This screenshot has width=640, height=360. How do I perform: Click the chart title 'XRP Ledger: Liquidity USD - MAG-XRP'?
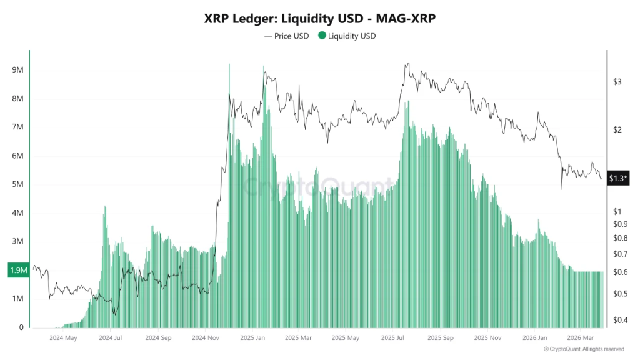[x=319, y=19]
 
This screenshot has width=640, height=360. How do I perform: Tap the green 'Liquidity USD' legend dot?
[x=322, y=36]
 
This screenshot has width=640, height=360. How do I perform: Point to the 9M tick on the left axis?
[x=17, y=70]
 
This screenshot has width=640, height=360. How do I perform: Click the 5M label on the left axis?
[x=17, y=184]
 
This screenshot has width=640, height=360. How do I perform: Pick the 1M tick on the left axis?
[x=17, y=299]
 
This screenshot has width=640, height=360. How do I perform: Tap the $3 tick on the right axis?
[x=617, y=82]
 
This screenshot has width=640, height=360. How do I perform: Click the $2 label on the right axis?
[x=617, y=130]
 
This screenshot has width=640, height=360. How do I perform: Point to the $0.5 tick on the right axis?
[x=620, y=294]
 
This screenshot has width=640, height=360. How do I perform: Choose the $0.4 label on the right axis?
[x=620, y=321]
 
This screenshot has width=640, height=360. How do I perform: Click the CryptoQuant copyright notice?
[x=584, y=349]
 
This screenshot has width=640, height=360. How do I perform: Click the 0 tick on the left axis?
[x=21, y=327]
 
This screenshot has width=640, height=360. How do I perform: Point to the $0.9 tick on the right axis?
[x=620, y=224]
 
